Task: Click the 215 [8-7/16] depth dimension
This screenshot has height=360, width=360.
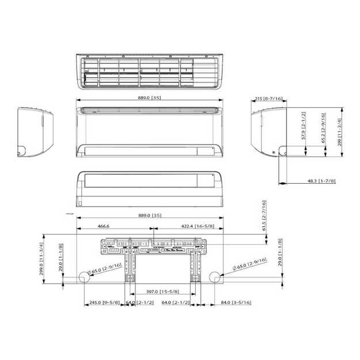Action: coord(268,99)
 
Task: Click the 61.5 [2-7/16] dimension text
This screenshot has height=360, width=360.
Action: coord(264,215)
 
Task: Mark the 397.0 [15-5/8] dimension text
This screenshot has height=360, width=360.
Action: coord(162,293)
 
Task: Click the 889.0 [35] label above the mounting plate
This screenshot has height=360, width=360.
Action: coord(149,215)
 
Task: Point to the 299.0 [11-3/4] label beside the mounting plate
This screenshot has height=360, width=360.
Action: coord(41,260)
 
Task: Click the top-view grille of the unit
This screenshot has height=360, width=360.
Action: coord(149,72)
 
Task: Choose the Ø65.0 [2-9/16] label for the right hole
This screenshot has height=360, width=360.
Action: coord(249,265)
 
